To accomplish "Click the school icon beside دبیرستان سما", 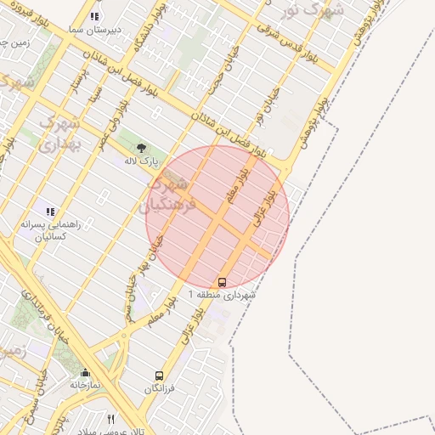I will click(94, 16).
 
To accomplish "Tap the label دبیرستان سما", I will click(94, 29).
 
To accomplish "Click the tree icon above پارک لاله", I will click(141, 147).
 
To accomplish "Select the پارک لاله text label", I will click(142, 160).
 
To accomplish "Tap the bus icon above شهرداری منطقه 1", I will click(223, 281).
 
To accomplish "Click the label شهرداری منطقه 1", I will click(222, 294).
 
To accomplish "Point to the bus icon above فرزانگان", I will click(159, 376).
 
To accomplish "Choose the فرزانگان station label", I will click(159, 389).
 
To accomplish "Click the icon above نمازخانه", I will click(85, 372).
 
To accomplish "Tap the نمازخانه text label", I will click(85, 385).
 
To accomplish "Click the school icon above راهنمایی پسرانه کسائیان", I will click(49, 211).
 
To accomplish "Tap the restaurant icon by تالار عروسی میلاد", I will click(110, 419).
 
